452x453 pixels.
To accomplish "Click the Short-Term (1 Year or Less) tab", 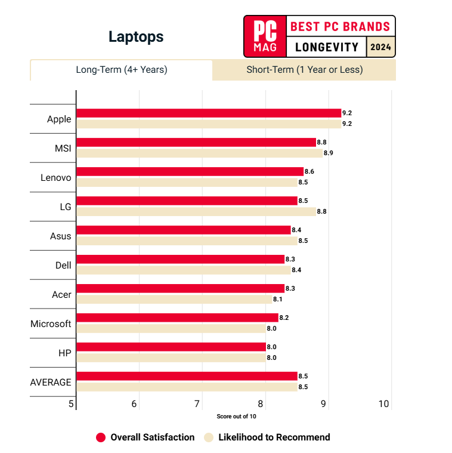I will click(x=304, y=70).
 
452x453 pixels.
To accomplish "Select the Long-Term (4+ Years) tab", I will click(x=121, y=70).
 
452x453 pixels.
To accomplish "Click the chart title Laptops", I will click(x=136, y=37).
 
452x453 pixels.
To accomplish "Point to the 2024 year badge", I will click(x=381, y=47).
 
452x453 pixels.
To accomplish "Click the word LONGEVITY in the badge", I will click(x=326, y=47).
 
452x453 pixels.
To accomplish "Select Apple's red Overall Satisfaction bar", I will click(x=209, y=113).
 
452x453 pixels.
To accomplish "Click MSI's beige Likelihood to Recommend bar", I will click(x=199, y=153).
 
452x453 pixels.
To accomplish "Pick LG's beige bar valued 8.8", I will click(x=196, y=211).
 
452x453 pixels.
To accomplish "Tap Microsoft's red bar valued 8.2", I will click(x=177, y=318).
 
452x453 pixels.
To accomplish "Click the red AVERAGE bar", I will click(x=187, y=376).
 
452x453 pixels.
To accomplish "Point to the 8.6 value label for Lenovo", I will click(x=309, y=172).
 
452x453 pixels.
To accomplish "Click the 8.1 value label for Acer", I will click(x=278, y=299).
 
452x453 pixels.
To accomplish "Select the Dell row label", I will click(x=63, y=265).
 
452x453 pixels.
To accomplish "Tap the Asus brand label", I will click(x=60, y=236).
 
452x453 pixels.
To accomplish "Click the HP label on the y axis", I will click(x=65, y=353).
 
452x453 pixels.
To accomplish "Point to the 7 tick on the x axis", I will click(x=197, y=404).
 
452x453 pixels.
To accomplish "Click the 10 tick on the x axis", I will click(x=383, y=404).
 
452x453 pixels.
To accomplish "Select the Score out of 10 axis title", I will click(x=236, y=416).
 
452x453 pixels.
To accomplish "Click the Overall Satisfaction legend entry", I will click(x=145, y=437).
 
